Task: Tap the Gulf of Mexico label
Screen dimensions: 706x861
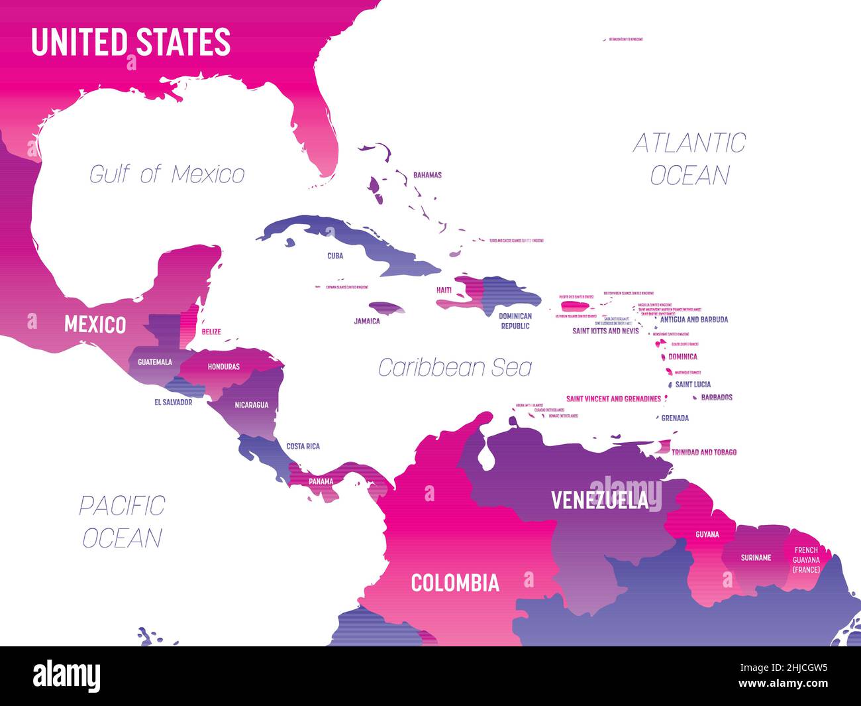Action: [167, 174]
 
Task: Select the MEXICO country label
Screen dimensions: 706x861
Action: [95, 325]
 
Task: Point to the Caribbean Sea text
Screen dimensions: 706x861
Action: [454, 367]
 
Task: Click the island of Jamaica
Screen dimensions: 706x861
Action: [387, 308]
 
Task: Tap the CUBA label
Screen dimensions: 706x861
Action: [335, 255]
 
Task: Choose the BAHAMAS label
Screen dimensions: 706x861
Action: [427, 176]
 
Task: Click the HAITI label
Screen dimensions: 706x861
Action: [444, 290]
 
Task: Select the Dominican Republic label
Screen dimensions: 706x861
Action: [515, 321]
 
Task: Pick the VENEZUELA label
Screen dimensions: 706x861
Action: [599, 500]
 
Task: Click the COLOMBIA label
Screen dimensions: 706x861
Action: [454, 583]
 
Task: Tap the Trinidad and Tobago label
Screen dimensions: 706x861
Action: [703, 452]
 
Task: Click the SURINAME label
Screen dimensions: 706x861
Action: [756, 558]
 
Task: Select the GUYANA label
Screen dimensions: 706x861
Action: [707, 534]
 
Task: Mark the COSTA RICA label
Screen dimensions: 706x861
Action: [303, 446]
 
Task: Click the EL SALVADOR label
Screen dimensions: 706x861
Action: [173, 402]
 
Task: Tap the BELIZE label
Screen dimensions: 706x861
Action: [211, 331]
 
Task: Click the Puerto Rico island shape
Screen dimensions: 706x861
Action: [574, 306]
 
